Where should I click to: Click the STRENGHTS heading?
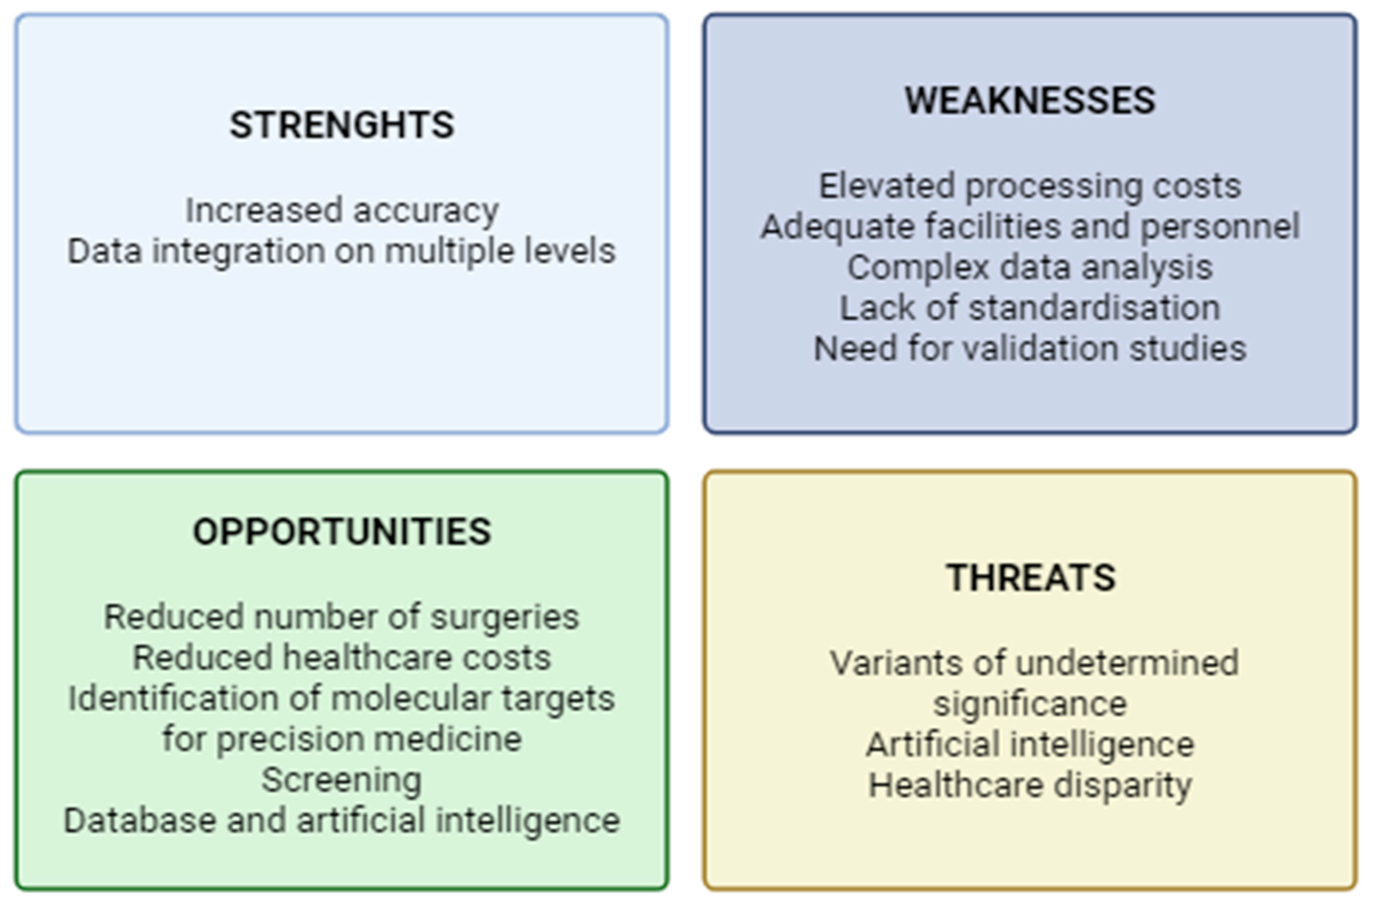pos(342,125)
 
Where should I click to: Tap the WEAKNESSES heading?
pos(1030,100)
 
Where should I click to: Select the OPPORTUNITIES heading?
pos(342,532)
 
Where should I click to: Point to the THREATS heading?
pos(1031,578)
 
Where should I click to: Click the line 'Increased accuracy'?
pos(342,211)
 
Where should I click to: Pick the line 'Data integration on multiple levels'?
pos(341,252)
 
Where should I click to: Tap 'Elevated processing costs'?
pos(1030,187)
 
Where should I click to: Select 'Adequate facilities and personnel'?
pos(1030,227)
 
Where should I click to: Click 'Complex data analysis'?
pos(1030,268)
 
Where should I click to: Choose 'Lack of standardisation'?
pos(1030,308)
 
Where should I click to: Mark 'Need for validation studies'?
pos(1030,348)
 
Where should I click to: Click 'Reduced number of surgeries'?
pos(341,618)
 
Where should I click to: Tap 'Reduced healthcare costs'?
pos(341,658)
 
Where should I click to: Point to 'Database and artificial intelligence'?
pos(341,821)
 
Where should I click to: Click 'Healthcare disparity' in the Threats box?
pos(1030,786)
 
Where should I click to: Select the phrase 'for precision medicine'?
pos(342,740)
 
